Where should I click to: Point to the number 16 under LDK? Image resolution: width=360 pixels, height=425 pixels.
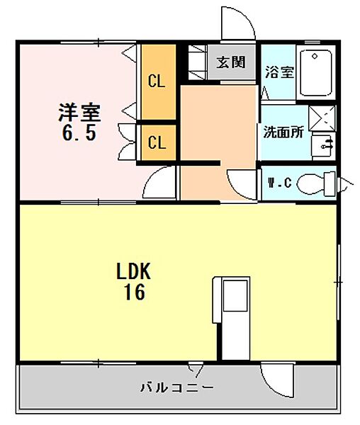[x=135, y=291]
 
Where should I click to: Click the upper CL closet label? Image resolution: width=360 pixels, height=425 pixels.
[x=156, y=81]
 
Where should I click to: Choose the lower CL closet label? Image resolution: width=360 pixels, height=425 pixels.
[x=156, y=142]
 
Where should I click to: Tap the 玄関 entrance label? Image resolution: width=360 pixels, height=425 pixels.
[x=230, y=62]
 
